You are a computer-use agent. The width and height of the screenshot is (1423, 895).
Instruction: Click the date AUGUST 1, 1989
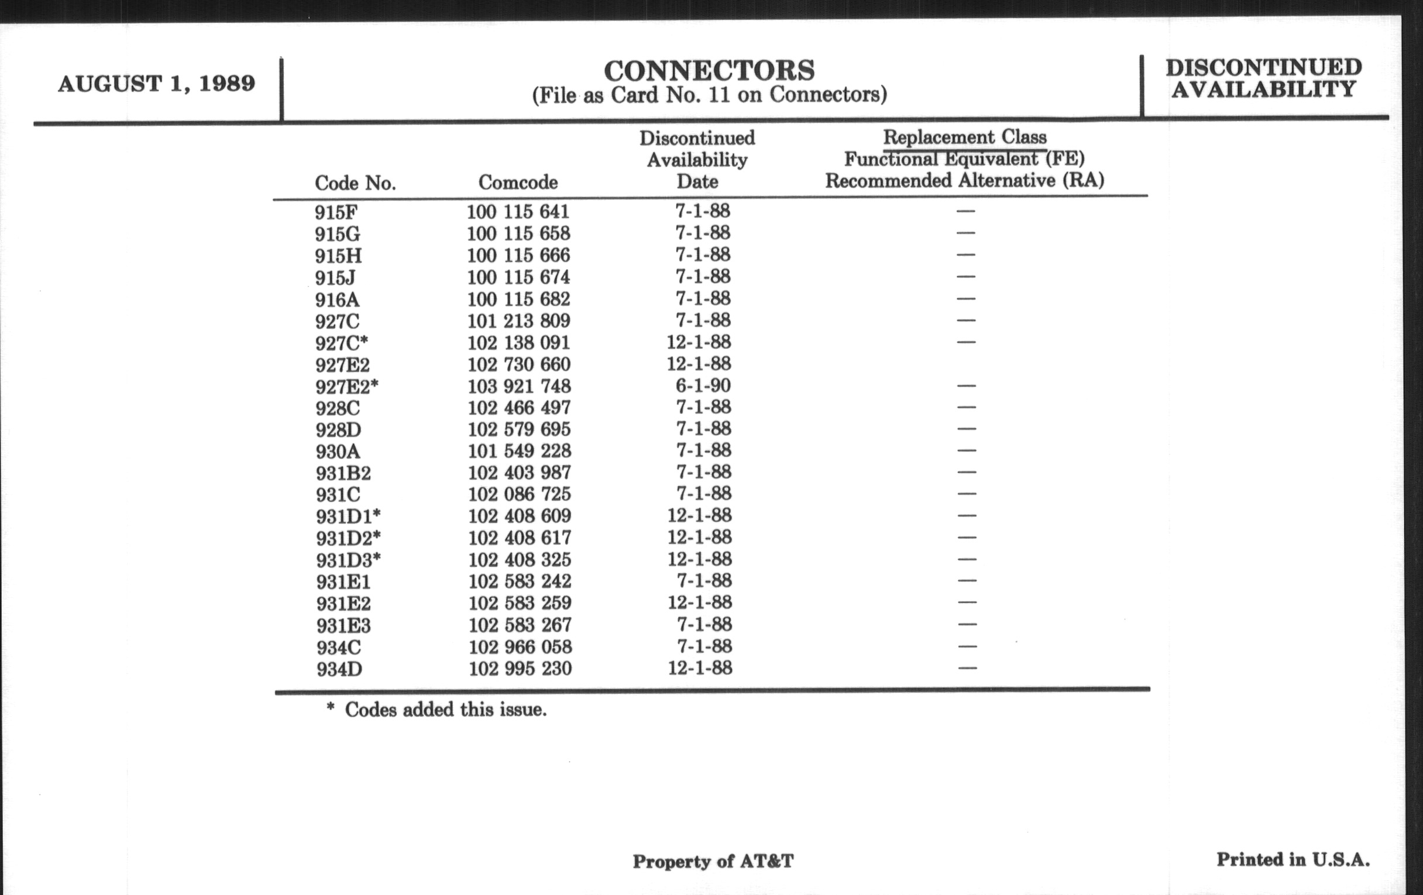coord(157,84)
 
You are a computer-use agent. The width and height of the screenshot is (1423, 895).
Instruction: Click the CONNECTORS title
coord(709,71)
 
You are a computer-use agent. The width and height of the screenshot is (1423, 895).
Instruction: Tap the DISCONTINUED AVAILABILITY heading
coord(1263,78)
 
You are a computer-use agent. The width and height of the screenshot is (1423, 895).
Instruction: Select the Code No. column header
coord(355,183)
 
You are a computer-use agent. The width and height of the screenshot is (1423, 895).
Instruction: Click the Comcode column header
coord(518,182)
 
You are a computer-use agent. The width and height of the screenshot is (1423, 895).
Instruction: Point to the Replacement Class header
coord(964,137)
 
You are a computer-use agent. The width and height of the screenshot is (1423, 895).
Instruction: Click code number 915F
coord(336,212)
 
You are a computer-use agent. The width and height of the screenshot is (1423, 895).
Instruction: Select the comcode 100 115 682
coord(518,299)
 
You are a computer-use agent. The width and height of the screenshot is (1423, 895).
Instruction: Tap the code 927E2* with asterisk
coord(347,387)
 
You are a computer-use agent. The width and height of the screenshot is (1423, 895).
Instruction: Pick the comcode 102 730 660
coord(519,364)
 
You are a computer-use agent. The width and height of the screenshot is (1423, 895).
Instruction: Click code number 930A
coord(338,452)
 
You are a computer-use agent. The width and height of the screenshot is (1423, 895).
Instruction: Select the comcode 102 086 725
coord(520,494)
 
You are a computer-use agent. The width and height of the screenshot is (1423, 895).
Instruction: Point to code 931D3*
coord(348,560)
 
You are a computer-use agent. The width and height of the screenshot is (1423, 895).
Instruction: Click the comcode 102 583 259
coord(520,603)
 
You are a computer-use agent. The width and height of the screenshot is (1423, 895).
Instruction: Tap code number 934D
coord(339,669)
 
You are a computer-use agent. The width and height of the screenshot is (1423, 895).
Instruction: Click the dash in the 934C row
coord(967,646)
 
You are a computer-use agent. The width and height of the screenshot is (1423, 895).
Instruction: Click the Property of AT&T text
coord(713,861)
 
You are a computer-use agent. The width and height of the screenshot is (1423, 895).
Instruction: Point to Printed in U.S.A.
coord(1293,859)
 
